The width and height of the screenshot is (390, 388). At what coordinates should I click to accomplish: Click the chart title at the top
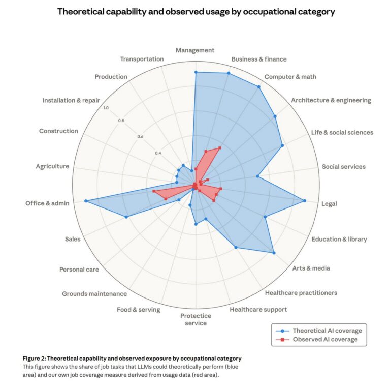pyautogui.click(x=196, y=11)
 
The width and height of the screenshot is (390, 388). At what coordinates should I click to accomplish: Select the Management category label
pyautogui.click(x=195, y=50)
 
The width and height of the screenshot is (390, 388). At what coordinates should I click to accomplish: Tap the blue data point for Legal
pyautogui.click(x=305, y=201)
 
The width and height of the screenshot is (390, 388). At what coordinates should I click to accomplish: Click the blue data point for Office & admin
pyautogui.click(x=86, y=201)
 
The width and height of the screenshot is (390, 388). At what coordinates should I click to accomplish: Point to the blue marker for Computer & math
pyautogui.click(x=259, y=87)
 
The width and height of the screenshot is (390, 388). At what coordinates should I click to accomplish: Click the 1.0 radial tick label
pyautogui.click(x=106, y=107)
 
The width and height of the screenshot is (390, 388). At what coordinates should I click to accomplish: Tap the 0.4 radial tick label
pyautogui.click(x=158, y=153)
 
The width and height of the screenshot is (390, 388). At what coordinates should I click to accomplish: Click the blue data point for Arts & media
pyautogui.click(x=274, y=253)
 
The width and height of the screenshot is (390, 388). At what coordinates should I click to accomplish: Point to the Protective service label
pyautogui.click(x=196, y=319)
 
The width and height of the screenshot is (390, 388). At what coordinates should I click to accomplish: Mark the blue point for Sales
pyautogui.click(x=126, y=217)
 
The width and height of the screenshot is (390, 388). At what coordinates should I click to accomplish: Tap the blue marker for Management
pyautogui.click(x=196, y=72)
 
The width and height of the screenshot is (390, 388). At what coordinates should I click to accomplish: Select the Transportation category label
pyautogui.click(x=142, y=59)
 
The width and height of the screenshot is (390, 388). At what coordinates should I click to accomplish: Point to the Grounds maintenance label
pyautogui.click(x=94, y=294)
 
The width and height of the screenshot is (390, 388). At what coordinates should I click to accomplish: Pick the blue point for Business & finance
pyautogui.click(x=229, y=74)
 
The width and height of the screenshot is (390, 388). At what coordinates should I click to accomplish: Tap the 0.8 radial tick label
pyautogui.click(x=121, y=121)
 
